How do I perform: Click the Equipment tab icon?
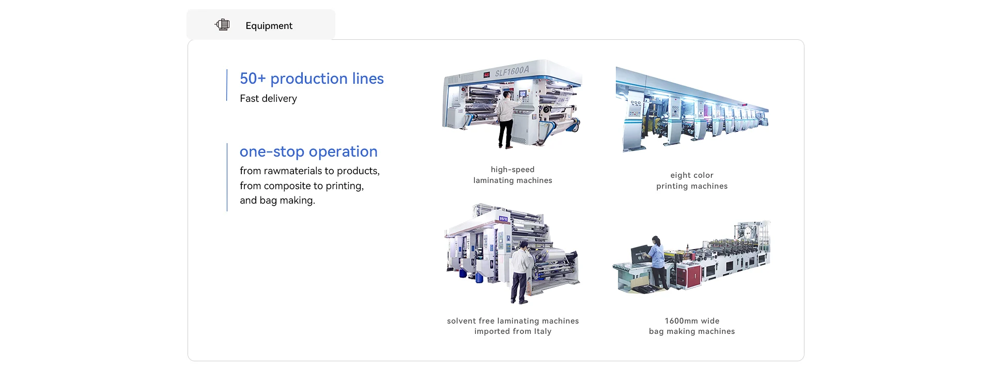coord(222,25)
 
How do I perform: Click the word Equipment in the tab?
coord(269,26)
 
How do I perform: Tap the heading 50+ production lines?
coord(312,79)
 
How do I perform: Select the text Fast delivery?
coord(268,99)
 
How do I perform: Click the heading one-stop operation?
coord(308,151)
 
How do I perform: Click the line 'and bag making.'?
coord(277,201)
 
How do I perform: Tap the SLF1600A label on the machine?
coord(512,71)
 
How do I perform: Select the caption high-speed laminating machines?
coord(513,175)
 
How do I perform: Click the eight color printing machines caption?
coord(692,180)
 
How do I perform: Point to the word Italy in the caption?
coord(542,331)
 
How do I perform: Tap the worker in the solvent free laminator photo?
coord(520,271)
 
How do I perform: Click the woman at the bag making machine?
coord(657,261)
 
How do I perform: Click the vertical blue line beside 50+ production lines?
coord(227,85)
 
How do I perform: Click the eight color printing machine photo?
coord(692,111)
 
